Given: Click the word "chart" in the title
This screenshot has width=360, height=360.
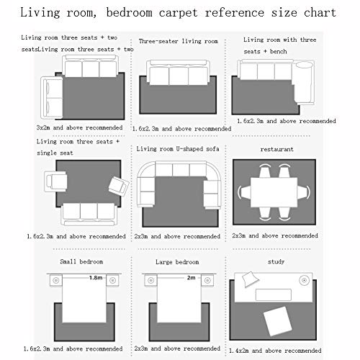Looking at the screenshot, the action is coord(320,12).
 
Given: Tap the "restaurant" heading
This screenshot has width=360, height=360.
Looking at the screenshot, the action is coord(277,149).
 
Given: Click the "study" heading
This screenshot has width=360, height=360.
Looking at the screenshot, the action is coord(276,261).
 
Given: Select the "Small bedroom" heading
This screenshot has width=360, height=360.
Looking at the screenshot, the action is coord(81,261).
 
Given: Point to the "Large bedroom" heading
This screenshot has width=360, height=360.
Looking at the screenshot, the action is coord(177,262).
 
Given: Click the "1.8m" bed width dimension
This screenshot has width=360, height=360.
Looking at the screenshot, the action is coord(96,278).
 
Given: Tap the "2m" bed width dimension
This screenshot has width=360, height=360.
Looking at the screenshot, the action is coord(191,278).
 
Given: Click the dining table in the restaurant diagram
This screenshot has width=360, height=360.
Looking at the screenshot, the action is coord(274,192).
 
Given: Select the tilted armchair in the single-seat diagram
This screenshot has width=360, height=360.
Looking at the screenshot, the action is coord(119,186).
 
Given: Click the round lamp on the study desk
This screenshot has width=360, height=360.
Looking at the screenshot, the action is coord(304,280).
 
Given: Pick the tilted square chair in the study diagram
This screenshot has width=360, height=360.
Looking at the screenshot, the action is coord(277,321).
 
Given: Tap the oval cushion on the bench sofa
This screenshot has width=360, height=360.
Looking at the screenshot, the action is coord(304,65).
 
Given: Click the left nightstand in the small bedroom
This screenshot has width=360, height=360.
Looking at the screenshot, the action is coord(56,280).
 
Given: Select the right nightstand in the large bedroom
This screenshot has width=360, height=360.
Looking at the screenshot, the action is coord(207,280).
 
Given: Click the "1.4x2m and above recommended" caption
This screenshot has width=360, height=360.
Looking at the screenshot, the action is coord(275,351).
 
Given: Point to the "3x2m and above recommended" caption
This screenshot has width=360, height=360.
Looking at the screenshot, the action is coord(79,127).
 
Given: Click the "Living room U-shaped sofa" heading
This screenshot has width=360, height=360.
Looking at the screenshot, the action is coord(178,149).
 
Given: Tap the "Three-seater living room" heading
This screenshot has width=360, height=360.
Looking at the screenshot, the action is coord(179,41).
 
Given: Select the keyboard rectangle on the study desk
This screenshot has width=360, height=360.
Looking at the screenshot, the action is coord(274,294).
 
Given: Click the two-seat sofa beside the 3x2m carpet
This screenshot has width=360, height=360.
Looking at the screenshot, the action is coord(52,98).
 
